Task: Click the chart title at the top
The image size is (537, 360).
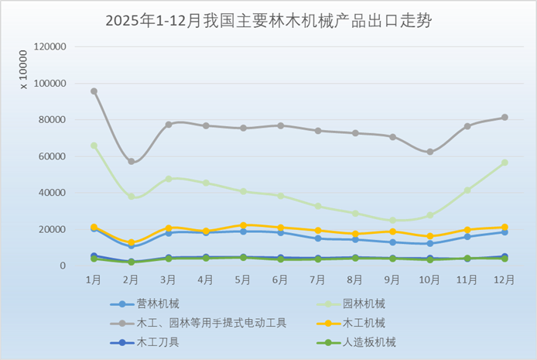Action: tap(268, 21)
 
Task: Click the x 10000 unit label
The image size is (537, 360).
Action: tap(23, 70)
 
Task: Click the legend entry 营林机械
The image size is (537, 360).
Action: tap(157, 304)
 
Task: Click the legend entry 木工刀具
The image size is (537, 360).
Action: tap(157, 341)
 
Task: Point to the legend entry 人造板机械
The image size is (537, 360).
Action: tap(369, 341)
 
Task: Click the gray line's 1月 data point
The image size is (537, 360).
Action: tap(94, 91)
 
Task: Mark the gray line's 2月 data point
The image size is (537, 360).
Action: tap(132, 162)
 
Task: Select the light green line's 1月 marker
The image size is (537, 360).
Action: tap(94, 146)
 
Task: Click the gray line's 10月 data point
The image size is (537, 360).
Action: tap(429, 152)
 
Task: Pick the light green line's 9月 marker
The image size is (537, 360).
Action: tap(392, 221)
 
